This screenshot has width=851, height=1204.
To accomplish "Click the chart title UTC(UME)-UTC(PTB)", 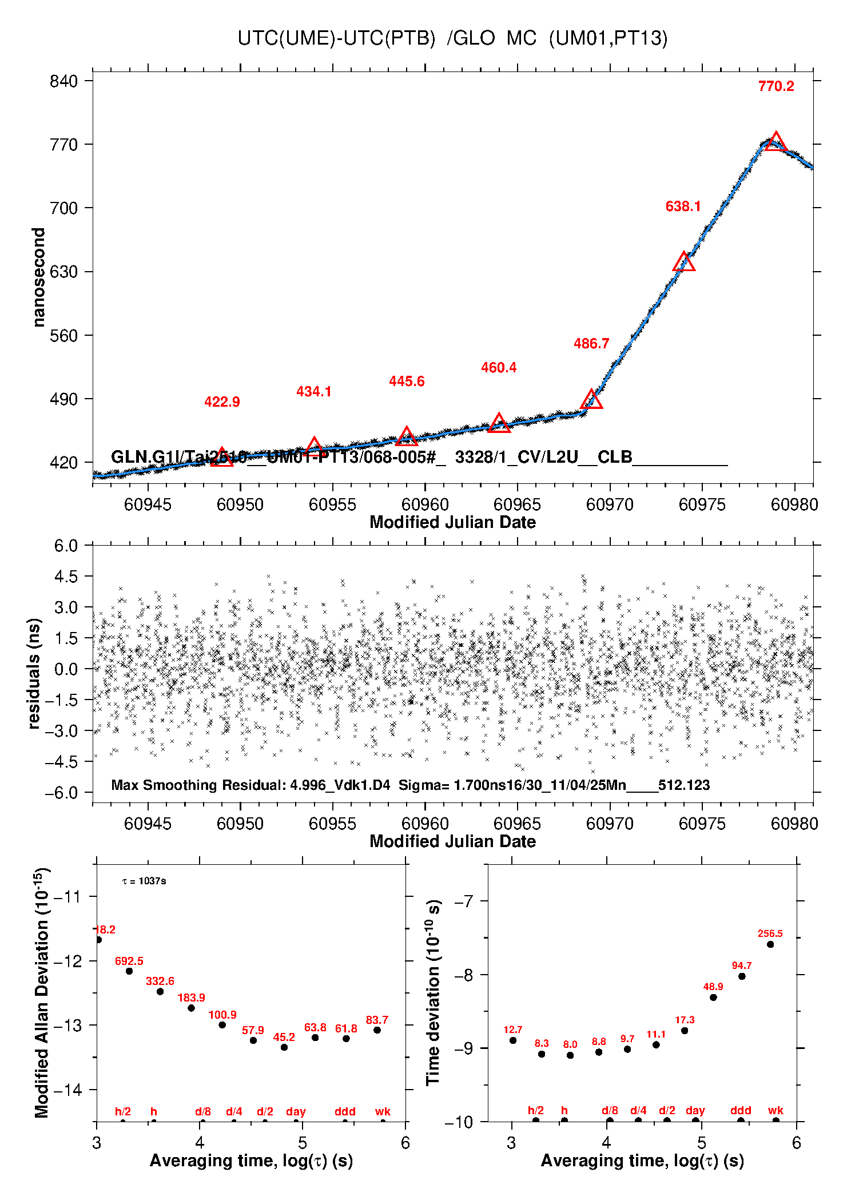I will (336, 38).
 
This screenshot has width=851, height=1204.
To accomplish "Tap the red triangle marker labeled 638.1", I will (683, 263).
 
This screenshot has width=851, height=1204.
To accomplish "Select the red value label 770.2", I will (776, 86).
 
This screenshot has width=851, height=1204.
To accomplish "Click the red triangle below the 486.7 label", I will (591, 400).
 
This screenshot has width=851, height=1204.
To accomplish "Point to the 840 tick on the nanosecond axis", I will (63, 81).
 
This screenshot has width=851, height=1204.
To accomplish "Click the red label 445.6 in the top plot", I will (407, 382).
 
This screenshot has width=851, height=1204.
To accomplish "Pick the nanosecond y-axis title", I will (38, 277).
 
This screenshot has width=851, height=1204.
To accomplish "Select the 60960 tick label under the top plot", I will (425, 504).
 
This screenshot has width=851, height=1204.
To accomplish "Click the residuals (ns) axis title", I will (34, 674).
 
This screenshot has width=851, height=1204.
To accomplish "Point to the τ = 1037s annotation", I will (144, 881).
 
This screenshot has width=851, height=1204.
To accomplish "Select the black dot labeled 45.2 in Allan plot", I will (284, 1047).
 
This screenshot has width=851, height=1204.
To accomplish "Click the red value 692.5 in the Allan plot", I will (129, 961).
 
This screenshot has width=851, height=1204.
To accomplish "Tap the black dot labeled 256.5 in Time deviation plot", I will (770, 944).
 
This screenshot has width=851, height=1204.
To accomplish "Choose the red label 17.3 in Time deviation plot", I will (685, 1020).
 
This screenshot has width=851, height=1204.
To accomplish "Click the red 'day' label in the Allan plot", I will (296, 1111).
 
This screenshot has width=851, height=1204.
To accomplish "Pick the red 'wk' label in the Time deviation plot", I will (776, 1110).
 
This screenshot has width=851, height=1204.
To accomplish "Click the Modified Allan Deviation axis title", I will (42, 992).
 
